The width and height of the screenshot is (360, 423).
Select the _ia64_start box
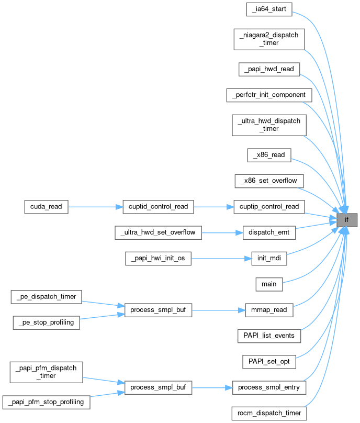coord(269,9)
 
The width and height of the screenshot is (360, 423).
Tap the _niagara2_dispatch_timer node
coord(269,39)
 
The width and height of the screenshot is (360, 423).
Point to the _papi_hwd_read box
coord(269,69)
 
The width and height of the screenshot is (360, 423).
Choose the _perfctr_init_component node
coord(269,95)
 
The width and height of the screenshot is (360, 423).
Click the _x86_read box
coord(269,155)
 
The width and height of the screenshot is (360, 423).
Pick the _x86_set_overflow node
coord(269,181)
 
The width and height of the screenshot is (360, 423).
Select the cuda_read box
coord(46,206)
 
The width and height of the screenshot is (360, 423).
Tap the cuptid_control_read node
coord(158,206)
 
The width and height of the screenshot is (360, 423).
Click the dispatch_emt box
coord(269,232)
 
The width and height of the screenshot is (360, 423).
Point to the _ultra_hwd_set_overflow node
coord(158,232)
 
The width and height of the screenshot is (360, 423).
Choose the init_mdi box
coord(269,258)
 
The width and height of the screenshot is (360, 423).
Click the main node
coord(269,284)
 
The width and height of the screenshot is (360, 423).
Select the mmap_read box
coord(269,310)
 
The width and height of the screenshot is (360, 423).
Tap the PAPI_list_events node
coord(269,336)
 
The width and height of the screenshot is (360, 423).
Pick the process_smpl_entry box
coord(269,387)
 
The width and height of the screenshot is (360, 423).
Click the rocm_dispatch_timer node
coord(269,413)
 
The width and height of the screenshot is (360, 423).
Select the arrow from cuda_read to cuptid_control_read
coord(95,206)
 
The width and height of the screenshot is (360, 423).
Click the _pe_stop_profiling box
coord(46,322)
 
